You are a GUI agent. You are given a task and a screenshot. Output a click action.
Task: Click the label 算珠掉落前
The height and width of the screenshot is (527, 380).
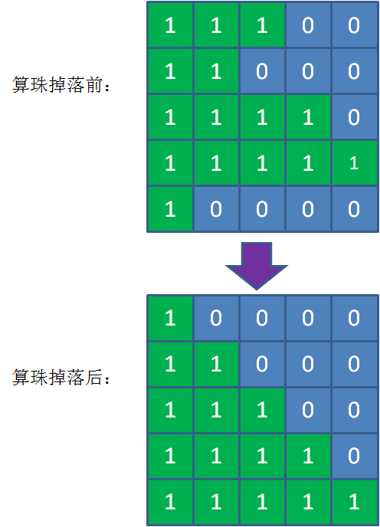pos(62,86)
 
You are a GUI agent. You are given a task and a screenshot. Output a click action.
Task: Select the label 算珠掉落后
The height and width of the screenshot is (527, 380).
pos(62,378)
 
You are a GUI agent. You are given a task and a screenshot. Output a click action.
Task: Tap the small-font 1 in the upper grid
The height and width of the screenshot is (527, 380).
pos(353,162)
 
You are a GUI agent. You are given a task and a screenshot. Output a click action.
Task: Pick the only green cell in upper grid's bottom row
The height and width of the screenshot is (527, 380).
pos(170,209)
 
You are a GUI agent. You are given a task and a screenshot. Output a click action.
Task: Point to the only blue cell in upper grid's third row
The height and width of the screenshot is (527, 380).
pos(353,117)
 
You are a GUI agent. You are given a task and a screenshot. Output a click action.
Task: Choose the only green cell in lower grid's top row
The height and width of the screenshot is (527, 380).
pos(170,318)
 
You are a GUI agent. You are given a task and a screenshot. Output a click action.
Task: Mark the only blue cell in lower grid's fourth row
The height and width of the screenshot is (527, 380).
pos(353,456)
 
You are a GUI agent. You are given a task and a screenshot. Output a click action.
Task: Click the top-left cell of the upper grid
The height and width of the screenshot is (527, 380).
pos(170,25)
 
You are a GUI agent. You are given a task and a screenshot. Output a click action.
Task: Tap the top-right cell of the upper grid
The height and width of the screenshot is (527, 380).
pos(353,25)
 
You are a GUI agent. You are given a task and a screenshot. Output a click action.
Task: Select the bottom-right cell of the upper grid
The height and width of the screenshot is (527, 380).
pos(353,209)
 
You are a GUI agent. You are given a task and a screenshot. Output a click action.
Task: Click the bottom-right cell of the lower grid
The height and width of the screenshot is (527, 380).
pos(353,502)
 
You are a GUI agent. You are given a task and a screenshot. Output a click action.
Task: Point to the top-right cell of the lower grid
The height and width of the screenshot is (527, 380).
pos(353,318)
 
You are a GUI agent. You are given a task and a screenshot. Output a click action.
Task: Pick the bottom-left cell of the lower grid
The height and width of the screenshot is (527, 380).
pos(170,502)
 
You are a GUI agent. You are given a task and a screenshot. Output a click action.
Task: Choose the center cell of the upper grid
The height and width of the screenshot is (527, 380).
pos(262,117)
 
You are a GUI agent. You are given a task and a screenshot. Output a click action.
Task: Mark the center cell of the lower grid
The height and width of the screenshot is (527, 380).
pos(262,410)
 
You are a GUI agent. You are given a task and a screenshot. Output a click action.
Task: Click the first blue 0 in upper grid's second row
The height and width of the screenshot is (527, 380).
pos(262,71)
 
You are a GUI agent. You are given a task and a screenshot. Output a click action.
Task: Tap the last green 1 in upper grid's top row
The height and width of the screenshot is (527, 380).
pos(262,25)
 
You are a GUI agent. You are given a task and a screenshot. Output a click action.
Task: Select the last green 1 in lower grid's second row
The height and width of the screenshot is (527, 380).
pos(216,364)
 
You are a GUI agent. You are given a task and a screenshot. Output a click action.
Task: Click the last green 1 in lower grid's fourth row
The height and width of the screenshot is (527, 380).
pos(307,456)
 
